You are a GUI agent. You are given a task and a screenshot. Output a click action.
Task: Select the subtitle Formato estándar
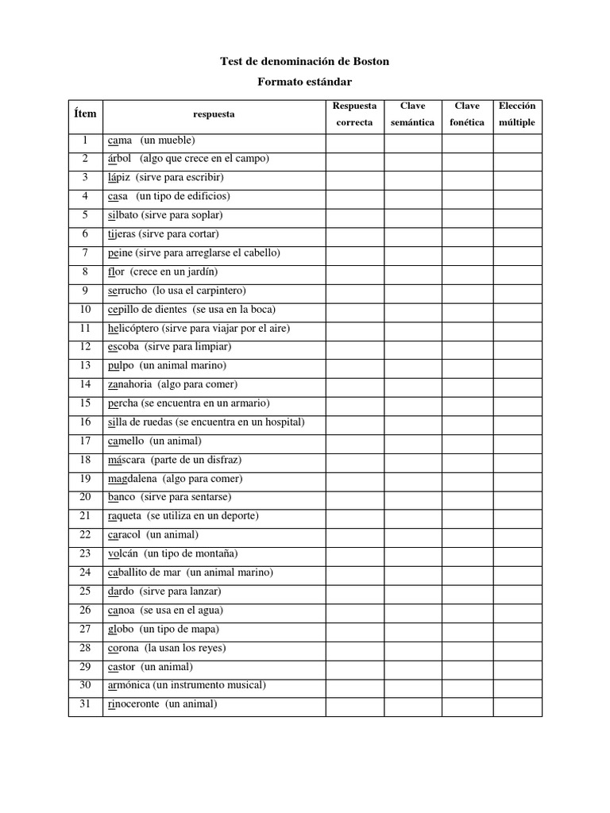[305, 81]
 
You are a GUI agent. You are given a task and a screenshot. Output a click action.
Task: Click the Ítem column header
[85, 114]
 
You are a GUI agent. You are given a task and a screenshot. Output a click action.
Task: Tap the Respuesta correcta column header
[354, 114]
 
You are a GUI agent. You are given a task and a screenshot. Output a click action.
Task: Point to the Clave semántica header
[412, 114]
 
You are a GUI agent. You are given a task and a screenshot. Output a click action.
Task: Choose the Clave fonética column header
[466, 114]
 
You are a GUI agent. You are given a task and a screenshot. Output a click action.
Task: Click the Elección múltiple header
[516, 114]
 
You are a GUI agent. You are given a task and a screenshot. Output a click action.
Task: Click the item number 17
[85, 441]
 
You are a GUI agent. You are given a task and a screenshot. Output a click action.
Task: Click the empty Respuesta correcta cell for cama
[354, 141]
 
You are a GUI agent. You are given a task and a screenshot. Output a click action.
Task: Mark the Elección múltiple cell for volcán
[517, 553]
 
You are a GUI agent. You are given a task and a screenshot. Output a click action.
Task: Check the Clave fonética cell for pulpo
[466, 365]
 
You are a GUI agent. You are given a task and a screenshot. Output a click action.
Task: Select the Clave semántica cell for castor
[412, 667]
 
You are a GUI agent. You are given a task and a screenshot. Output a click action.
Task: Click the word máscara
[126, 460]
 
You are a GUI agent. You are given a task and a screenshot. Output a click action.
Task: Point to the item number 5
[85, 215]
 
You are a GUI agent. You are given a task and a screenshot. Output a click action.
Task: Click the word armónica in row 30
[129, 685]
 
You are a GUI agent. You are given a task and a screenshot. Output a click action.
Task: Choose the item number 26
[85, 611]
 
